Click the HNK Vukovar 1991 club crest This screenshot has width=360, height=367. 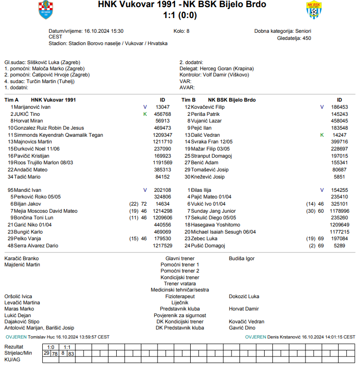[x=46, y=10]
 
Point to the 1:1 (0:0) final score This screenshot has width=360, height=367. [x=180, y=15]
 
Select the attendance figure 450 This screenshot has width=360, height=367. [x=306, y=38]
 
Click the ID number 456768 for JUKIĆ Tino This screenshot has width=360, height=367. [x=163, y=114]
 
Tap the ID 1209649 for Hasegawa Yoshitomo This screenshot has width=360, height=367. [x=340, y=225]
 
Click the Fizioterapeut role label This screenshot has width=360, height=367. [x=180, y=296]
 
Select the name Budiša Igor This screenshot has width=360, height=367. [x=241, y=258]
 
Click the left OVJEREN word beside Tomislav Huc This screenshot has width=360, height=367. [x=16, y=337]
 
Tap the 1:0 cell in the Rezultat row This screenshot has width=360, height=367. [x=51, y=347]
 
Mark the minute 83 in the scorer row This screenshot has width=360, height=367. [x=71, y=353]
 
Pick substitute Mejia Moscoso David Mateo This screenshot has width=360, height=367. [x=46, y=211]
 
